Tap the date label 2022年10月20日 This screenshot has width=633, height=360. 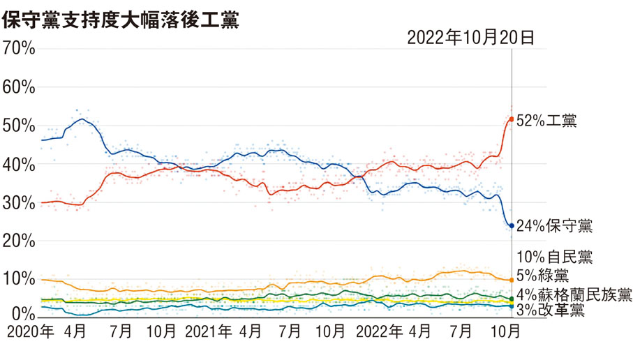(470, 38)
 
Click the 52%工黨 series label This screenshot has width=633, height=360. (546, 120)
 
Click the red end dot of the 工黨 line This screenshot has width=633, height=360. (512, 119)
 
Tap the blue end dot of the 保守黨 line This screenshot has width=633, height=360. (512, 226)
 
